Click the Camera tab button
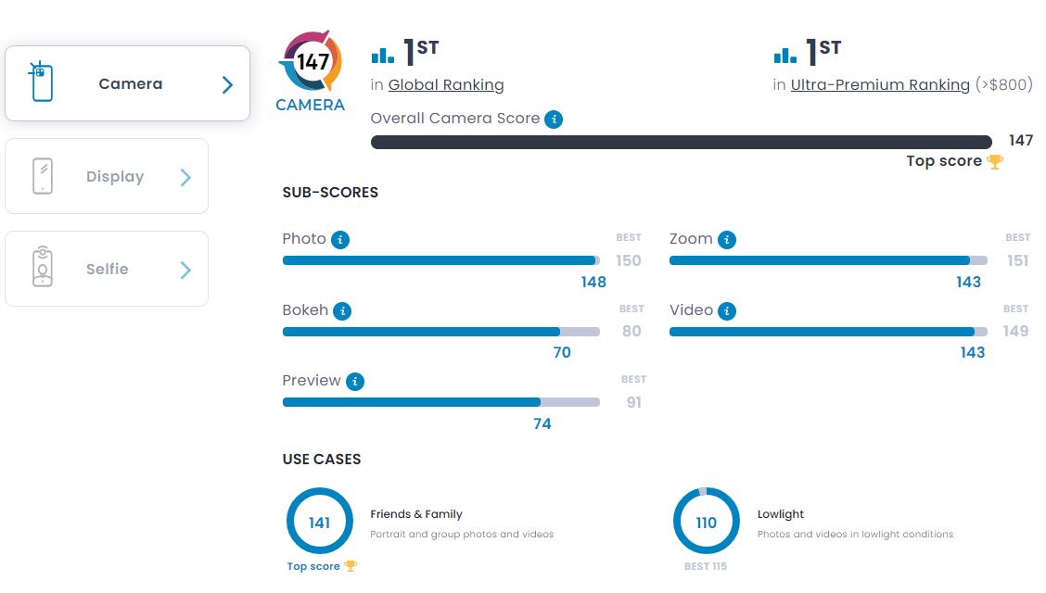point(127,83)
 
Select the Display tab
point(107,176)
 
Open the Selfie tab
point(107,269)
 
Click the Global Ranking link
point(446,85)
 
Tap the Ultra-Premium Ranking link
point(880,85)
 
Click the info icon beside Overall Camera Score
point(554,119)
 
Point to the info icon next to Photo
point(340,240)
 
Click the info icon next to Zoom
point(727,240)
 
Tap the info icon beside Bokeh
point(342,311)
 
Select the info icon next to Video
point(727,311)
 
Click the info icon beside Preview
point(355,382)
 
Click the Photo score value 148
point(593,282)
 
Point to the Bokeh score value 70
point(562,352)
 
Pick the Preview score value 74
point(542,423)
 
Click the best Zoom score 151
point(1017,260)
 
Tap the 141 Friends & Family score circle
point(320,522)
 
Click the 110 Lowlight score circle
point(706,522)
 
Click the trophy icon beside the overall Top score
point(995,161)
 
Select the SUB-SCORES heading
point(330,193)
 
